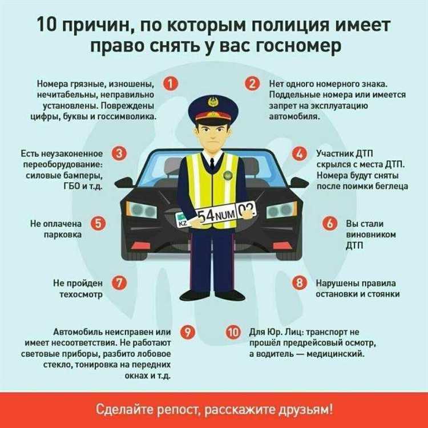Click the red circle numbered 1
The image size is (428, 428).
click(x=169, y=84)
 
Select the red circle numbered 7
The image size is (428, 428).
click(x=120, y=282)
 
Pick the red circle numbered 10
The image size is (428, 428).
click(x=233, y=332)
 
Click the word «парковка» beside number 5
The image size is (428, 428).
click(x=64, y=234)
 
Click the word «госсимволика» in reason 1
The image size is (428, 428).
click(x=130, y=116)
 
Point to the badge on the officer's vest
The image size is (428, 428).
click(x=227, y=174)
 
